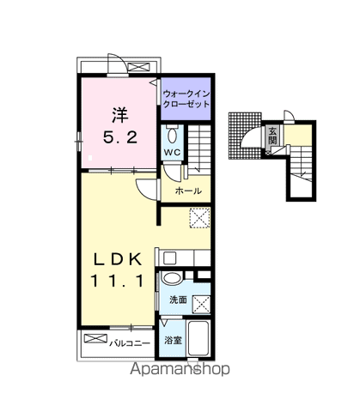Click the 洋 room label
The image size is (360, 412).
119,115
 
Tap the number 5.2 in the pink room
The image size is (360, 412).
120,138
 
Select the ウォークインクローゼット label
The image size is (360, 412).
186,99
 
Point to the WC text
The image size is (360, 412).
172,152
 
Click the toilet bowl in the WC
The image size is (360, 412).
172,135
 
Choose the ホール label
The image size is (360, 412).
188,191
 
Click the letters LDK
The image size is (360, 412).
119,260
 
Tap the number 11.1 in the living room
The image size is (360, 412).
117,281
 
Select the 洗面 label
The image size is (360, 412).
178,300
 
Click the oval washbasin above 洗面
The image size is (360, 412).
172,278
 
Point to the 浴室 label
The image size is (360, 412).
173,341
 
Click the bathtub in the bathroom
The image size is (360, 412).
198,338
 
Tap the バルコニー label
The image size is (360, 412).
130,343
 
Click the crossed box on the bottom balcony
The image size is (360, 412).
95,338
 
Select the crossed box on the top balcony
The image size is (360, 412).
138,67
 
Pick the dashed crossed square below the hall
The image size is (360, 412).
199,218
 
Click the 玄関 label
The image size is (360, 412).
272,136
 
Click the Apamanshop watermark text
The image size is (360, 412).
180,369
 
